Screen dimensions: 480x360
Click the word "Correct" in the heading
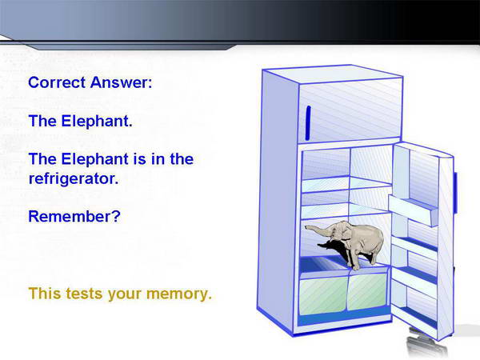click(x=57, y=82)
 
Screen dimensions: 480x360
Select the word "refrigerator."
click(x=74, y=178)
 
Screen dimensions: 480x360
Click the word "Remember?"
click(x=74, y=217)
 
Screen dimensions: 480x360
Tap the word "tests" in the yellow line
click(x=84, y=294)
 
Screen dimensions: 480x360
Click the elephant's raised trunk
click(x=318, y=230)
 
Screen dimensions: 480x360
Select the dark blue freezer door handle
click(x=308, y=123)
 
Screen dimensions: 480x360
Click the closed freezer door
click(x=350, y=110)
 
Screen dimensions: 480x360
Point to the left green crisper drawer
click(x=323, y=295)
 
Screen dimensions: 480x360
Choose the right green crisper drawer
click(x=368, y=292)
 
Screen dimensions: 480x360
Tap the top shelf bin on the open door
click(x=414, y=210)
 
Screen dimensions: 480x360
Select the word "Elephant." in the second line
click(x=97, y=121)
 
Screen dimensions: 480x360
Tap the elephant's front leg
click(x=355, y=256)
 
